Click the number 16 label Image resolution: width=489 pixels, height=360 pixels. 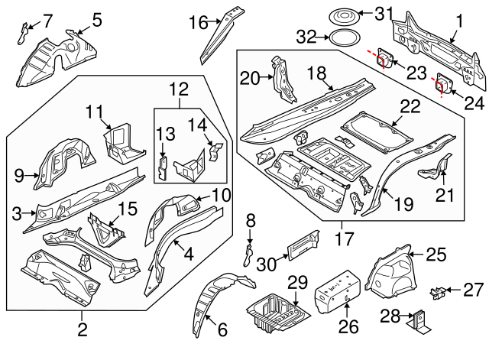coord(197,23)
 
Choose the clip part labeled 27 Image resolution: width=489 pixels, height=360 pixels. coord(437,291)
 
